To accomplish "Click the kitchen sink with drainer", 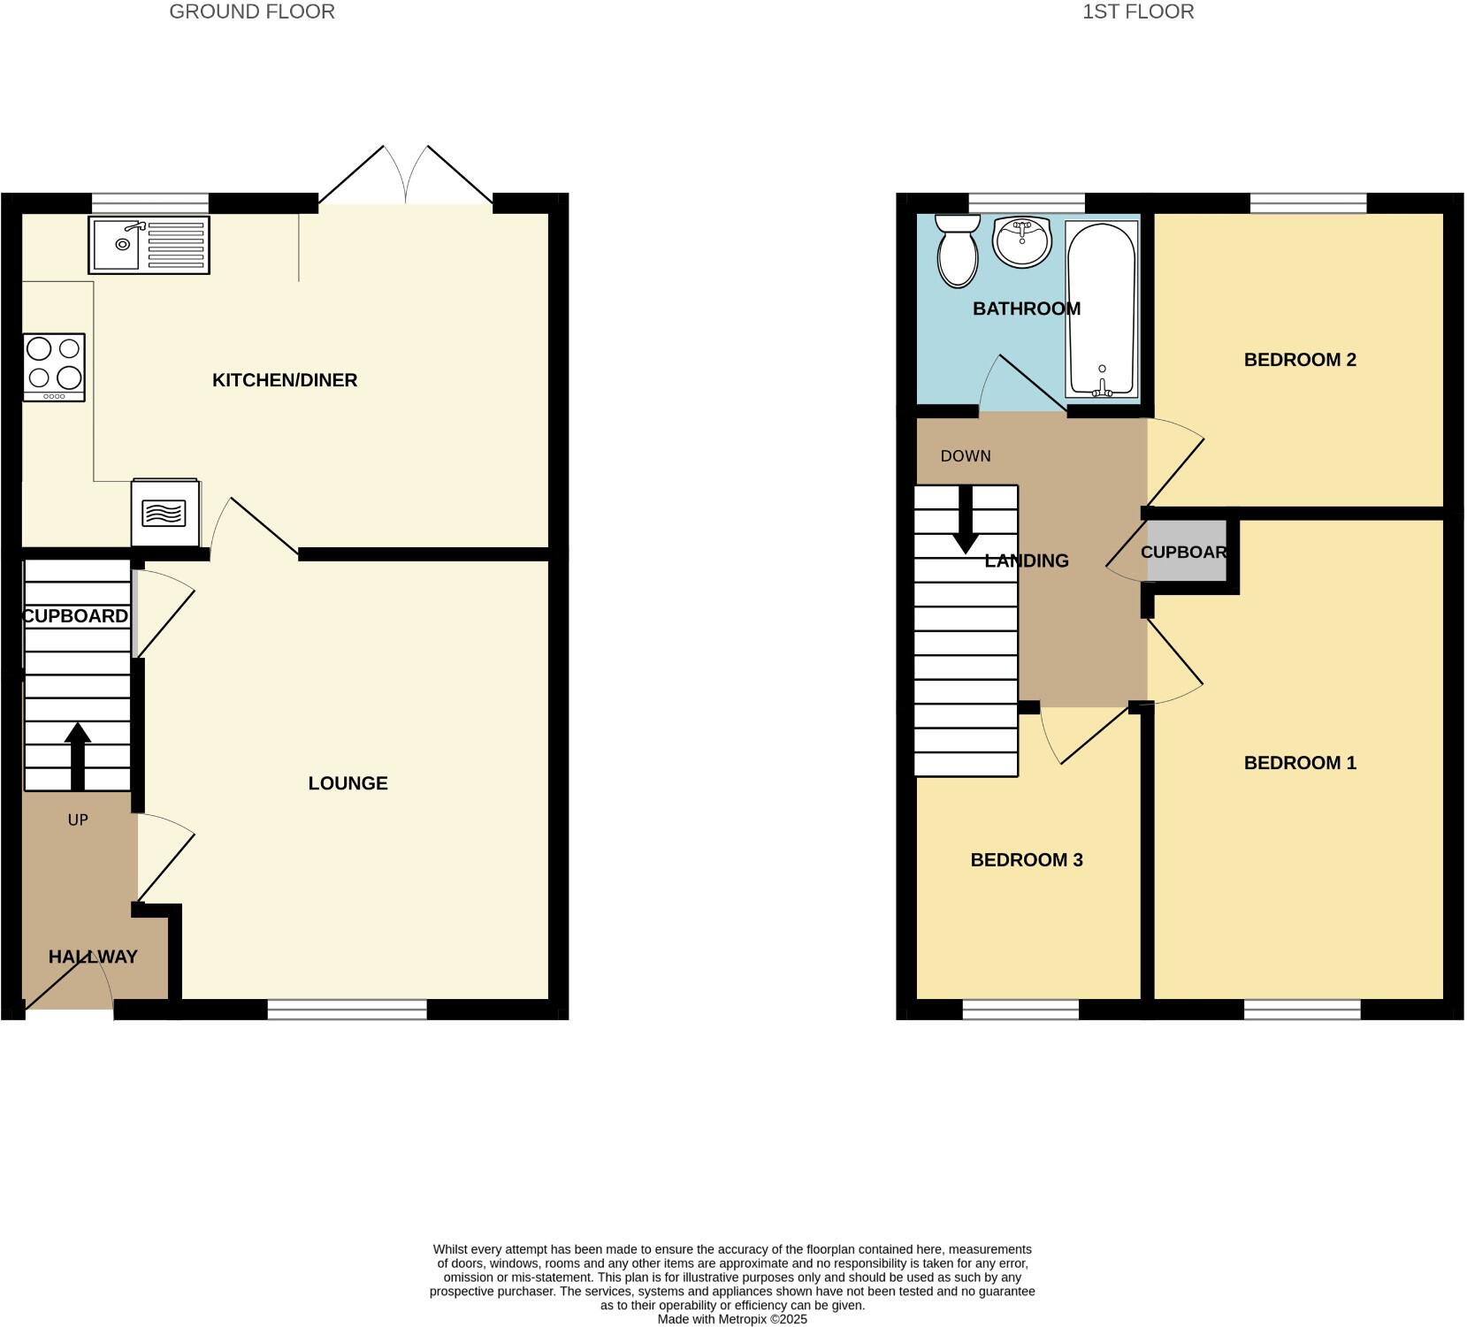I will (x=149, y=245).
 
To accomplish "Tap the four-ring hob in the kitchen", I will (x=54, y=367).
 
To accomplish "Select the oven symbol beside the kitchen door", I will (x=165, y=514).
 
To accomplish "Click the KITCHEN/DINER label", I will (x=285, y=380).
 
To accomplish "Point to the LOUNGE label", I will (x=348, y=783).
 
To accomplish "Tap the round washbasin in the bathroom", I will (x=1021, y=240).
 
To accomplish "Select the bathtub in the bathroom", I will (x=1102, y=308).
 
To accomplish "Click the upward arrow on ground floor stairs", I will (x=78, y=754).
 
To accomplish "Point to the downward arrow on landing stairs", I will (x=966, y=519).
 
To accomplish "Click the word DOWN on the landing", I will (x=966, y=456).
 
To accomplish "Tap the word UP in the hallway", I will (x=78, y=820).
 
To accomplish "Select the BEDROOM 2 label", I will (x=1299, y=360).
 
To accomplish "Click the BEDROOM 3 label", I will (x=1026, y=860).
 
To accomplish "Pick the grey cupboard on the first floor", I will (x=1187, y=553).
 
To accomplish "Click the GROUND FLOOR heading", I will (x=252, y=11).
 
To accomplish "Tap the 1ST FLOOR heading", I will (x=1138, y=11).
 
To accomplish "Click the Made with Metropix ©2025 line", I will (x=732, y=1319).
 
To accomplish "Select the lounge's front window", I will (x=347, y=1010).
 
